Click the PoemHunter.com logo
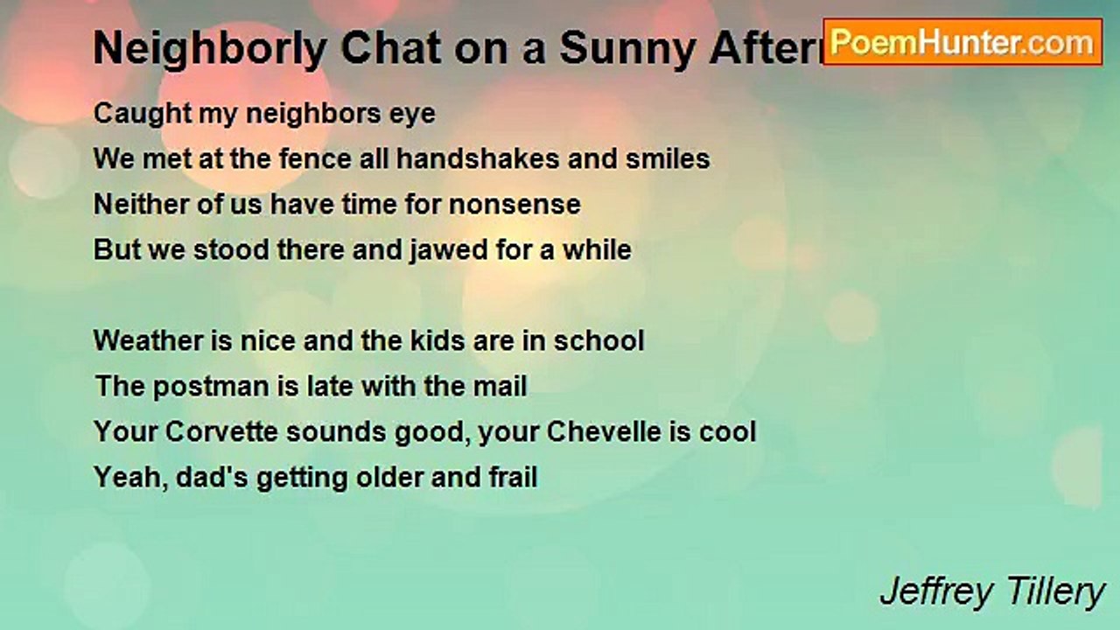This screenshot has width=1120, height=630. coord(962,42)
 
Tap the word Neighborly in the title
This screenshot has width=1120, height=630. coord(210,50)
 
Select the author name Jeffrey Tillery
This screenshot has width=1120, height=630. coord(992,592)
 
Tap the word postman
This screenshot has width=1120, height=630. coord(209,386)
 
